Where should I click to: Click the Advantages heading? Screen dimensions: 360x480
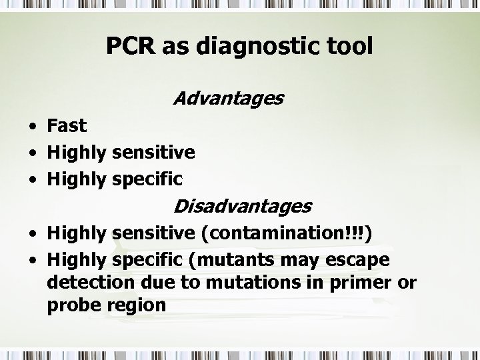click(x=228, y=99)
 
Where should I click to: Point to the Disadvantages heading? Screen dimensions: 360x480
click(x=241, y=206)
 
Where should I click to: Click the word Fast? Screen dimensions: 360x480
click(x=67, y=125)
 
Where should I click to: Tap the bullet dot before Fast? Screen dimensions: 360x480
click(x=33, y=127)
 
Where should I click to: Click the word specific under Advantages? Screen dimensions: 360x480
click(x=148, y=179)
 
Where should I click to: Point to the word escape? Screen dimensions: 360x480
click(x=361, y=259)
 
